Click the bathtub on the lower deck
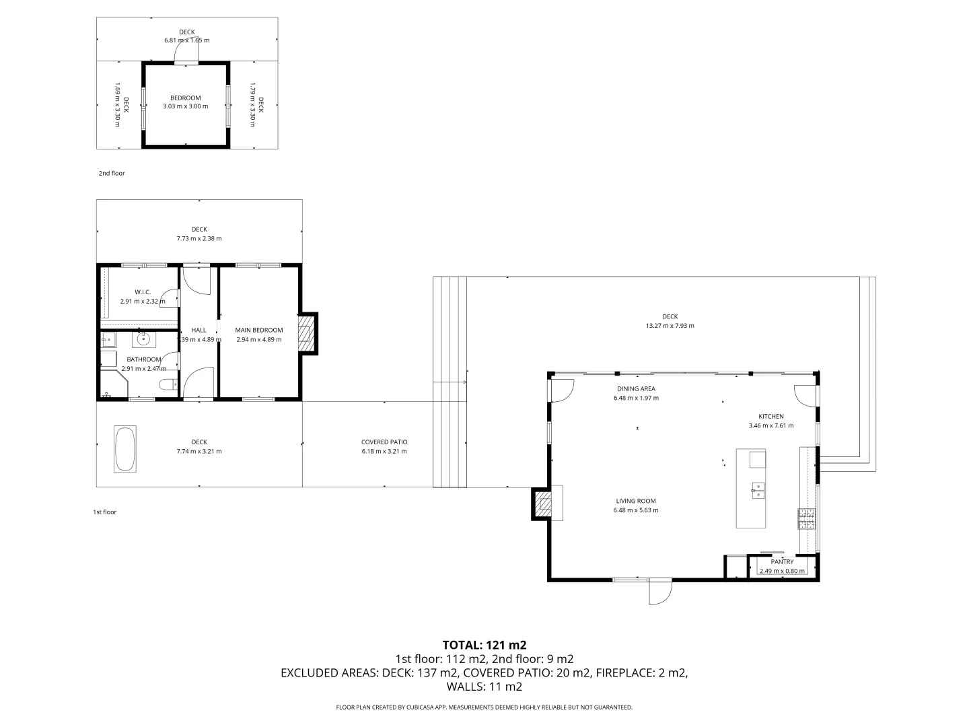[125, 448]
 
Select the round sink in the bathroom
[141, 341]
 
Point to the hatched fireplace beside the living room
[542, 503]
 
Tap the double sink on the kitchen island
[758, 490]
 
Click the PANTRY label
[782, 561]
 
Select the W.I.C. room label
[142, 291]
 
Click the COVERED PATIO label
[384, 442]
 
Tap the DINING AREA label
[636, 388]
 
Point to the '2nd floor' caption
[112, 174]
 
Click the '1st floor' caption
[104, 512]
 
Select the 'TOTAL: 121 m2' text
[484, 645]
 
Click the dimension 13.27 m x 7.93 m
[669, 326]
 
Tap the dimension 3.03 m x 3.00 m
[185, 106]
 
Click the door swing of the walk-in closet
[171, 298]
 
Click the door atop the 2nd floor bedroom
[185, 61]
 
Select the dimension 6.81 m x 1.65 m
[186, 40]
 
